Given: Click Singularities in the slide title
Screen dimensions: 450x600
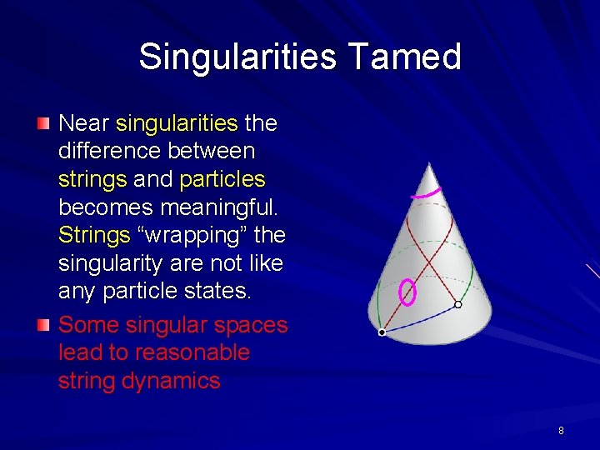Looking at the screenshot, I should pos(237,57).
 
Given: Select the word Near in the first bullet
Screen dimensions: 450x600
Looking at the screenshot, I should pos(83,123).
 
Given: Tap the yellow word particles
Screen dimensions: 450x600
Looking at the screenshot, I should pos(222,179).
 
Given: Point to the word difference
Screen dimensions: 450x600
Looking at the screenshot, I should pos(110,151).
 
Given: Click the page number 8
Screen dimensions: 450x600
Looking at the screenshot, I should pos(561,431).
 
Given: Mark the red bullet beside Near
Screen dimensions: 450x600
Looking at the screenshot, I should pos(42,124).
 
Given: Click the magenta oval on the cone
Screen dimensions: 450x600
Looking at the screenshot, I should pos(407,292).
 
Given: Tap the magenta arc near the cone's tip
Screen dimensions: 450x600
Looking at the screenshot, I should pos(426,194).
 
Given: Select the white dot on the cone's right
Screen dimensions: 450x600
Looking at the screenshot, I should pos(457,305).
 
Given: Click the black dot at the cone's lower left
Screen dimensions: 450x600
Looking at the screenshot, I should pos(382,332).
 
